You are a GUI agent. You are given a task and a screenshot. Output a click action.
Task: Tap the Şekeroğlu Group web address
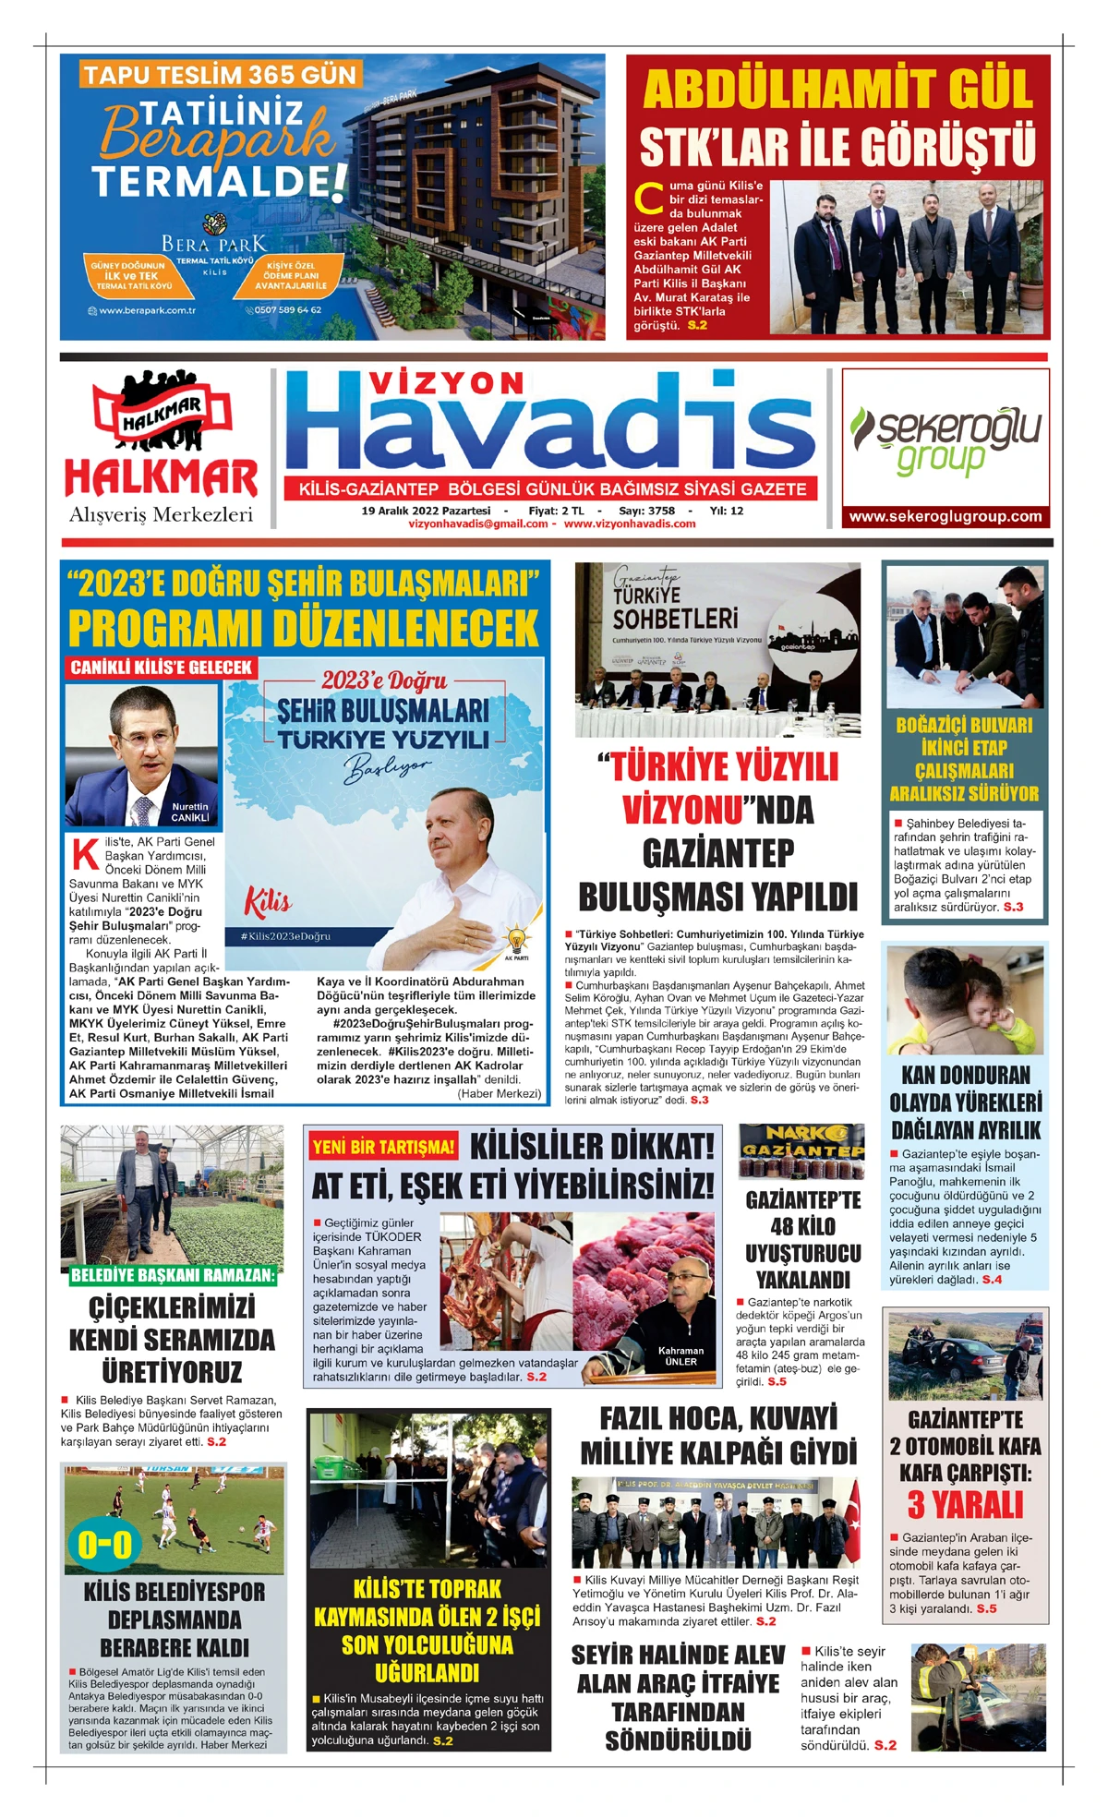tap(945, 517)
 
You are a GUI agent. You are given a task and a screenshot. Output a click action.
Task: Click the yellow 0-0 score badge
tap(104, 1543)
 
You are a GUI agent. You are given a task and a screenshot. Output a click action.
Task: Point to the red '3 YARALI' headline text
tap(965, 1505)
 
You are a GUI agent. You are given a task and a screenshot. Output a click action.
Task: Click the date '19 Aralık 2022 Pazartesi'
tap(426, 511)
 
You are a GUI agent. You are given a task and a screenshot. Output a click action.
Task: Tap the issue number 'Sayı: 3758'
tap(646, 511)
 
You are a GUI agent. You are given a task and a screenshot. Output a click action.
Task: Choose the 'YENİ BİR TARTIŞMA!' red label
tap(384, 1147)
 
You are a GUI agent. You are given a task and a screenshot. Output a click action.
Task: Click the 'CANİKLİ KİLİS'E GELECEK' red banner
tap(162, 667)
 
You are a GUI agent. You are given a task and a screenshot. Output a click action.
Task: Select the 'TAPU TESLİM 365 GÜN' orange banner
tap(220, 75)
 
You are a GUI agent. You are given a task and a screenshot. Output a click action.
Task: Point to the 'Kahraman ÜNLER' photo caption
tap(680, 1355)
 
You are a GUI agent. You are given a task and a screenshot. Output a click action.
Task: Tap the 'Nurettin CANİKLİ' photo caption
tap(190, 812)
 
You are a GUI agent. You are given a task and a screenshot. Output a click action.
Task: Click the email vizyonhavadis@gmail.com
tap(478, 524)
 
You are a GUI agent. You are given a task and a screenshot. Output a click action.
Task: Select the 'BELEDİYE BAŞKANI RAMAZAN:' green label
tap(173, 1275)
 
